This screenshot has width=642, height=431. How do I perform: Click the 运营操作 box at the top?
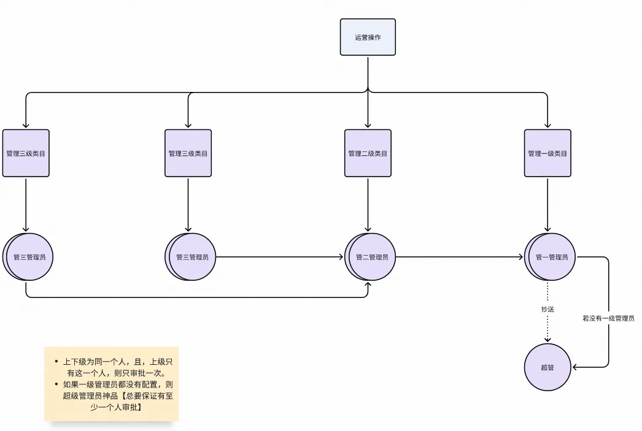point(368,37)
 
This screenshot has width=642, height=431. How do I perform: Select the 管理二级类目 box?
point(368,153)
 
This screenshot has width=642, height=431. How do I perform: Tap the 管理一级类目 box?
point(547,153)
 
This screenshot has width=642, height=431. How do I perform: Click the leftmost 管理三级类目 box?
point(26,153)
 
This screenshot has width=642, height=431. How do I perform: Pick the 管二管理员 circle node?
point(370,257)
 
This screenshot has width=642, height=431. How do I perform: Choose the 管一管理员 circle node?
point(550,257)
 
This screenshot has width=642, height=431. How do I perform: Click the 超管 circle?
point(547,367)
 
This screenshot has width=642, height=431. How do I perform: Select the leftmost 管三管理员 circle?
point(28,257)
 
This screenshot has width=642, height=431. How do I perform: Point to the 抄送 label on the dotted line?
point(547,310)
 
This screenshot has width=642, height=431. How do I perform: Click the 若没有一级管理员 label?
point(608,318)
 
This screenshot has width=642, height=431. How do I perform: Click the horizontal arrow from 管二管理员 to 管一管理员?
point(460,257)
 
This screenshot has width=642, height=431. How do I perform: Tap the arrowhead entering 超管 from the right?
point(575,367)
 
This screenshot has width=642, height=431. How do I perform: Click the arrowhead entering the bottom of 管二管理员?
point(368,284)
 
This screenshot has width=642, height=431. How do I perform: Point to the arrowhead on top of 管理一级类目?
point(547,125)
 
